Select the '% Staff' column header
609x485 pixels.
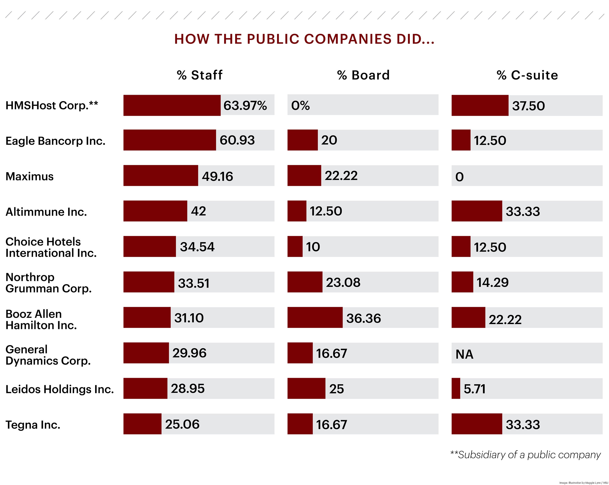(x=199, y=75)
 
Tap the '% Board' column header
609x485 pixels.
(x=363, y=75)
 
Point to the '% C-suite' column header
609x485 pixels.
(x=527, y=75)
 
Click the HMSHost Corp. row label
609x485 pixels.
(x=52, y=105)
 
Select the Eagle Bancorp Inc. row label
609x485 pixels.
(x=55, y=141)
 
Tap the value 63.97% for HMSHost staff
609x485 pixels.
(x=245, y=105)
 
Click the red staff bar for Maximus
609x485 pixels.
(x=160, y=175)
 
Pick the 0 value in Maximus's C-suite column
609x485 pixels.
(x=459, y=177)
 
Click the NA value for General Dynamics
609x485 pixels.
(x=464, y=354)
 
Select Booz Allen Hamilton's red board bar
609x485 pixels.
(x=315, y=317)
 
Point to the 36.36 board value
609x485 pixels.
(x=363, y=318)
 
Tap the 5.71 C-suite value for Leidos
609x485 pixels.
(x=475, y=389)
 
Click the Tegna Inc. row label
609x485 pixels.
(x=33, y=425)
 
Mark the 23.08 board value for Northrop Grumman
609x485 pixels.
(x=343, y=282)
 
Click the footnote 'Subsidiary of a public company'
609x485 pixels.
(x=525, y=455)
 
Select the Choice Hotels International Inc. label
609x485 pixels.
(x=51, y=247)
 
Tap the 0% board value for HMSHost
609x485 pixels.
(x=300, y=105)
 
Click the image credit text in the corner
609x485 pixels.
(x=584, y=483)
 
